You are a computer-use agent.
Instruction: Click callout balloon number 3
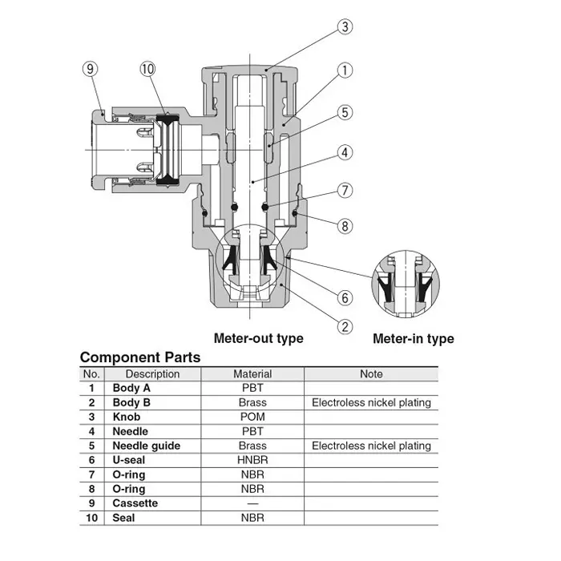pyautogui.click(x=344, y=27)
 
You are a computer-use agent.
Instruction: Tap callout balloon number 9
pyautogui.click(x=91, y=69)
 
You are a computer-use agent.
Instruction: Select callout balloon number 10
pyautogui.click(x=147, y=69)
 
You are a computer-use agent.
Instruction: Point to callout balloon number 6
pyautogui.click(x=345, y=298)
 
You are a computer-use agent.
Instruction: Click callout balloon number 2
pyautogui.click(x=345, y=326)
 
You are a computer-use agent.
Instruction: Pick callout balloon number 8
pyautogui.click(x=345, y=227)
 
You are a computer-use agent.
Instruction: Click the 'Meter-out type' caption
pyautogui.click(x=258, y=338)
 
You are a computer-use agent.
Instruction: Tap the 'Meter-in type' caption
pyautogui.click(x=414, y=339)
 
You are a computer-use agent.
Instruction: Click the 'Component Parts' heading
pyautogui.click(x=140, y=357)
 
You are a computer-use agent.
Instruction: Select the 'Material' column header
pyautogui.click(x=252, y=373)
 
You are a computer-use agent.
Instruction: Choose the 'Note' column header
pyautogui.click(x=371, y=373)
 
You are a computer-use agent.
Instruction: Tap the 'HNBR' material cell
pyautogui.click(x=252, y=460)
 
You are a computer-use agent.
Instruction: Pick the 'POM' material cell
pyautogui.click(x=252, y=417)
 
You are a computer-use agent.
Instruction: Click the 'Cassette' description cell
pyautogui.click(x=135, y=503)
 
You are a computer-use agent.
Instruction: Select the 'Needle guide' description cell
pyautogui.click(x=147, y=446)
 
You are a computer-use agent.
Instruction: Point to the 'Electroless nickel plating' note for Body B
pyautogui.click(x=371, y=402)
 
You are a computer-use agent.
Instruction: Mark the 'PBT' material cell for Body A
pyautogui.click(x=252, y=388)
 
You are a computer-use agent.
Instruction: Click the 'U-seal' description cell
pyautogui.click(x=130, y=460)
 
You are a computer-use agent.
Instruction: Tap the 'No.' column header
pyautogui.click(x=92, y=373)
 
